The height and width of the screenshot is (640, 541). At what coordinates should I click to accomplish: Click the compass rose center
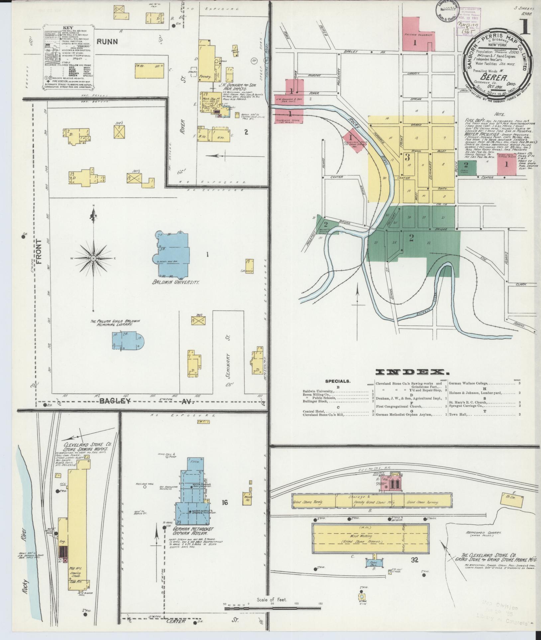(93, 258)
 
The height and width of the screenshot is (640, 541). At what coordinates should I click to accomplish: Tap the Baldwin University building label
(175, 283)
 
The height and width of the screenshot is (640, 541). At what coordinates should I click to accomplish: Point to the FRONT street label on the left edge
(39, 251)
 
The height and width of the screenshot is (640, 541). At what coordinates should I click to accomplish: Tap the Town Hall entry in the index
(459, 414)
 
